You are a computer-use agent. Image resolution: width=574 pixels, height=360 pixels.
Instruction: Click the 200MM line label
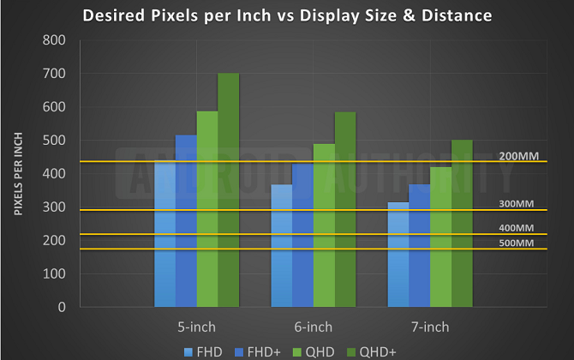click(x=517, y=157)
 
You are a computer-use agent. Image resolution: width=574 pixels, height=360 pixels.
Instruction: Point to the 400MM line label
click(x=517, y=228)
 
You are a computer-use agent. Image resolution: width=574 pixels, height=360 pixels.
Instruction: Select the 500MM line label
click(x=517, y=243)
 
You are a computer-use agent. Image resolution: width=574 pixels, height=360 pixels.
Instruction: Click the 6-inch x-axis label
click(x=313, y=327)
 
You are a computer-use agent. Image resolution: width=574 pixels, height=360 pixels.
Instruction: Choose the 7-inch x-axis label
click(x=429, y=327)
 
